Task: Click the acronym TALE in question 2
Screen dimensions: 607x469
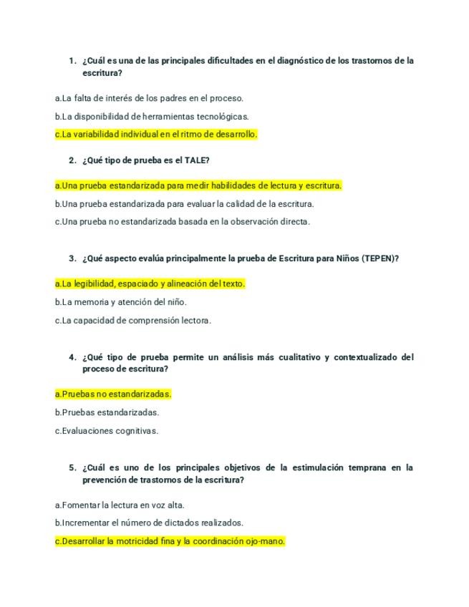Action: [195, 160]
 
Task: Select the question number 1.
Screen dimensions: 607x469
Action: [72, 61]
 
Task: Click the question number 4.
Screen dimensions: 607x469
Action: [72, 357]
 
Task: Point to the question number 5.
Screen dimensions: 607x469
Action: [72, 467]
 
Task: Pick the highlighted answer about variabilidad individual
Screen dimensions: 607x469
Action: [156, 134]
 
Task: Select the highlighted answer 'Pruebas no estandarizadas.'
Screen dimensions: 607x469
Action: [113, 394]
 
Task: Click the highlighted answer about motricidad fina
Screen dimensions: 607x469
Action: [170, 541]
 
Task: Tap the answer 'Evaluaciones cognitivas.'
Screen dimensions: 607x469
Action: [107, 431]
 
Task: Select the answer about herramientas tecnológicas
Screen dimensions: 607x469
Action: [152, 116]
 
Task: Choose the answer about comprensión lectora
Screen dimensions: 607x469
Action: [133, 321]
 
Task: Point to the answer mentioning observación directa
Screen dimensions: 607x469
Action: [182, 222]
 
